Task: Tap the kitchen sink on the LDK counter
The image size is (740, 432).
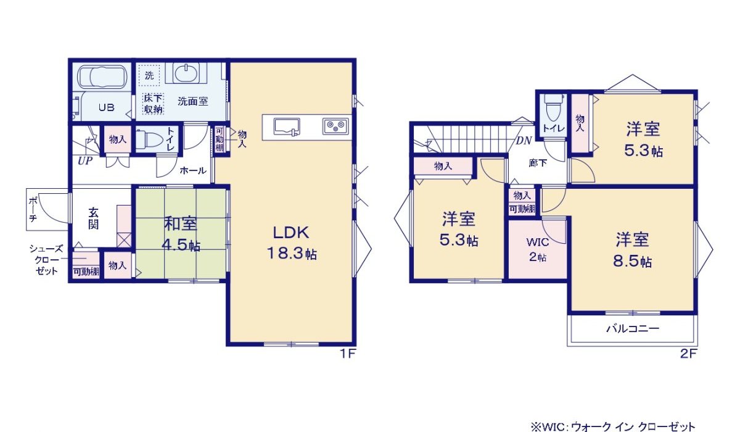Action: pos(287,127)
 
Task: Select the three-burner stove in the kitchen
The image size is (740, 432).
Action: pos(335,127)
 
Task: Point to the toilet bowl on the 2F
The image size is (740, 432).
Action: pos(554,108)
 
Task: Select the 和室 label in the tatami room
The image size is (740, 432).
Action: pos(181,223)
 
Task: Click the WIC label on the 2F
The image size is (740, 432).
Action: pos(538,242)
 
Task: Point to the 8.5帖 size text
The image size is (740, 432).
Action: pos(632,262)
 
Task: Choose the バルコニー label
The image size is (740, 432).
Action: pos(633,328)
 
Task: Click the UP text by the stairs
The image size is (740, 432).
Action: pos(85,161)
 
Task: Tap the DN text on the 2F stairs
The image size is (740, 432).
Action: pos(524,141)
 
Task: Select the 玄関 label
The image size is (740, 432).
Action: pos(94,218)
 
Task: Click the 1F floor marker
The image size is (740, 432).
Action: pos(348,354)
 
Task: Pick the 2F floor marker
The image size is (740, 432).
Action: pos(688,354)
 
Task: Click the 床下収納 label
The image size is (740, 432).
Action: pos(154,104)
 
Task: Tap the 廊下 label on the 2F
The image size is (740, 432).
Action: pos(538,163)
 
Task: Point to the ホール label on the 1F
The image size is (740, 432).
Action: pos(193,170)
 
